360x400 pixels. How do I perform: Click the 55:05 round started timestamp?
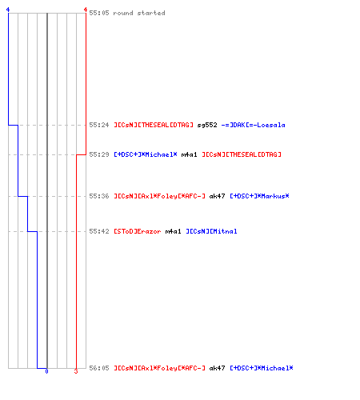pos(99,13)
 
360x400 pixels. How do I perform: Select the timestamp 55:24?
pos(99,125)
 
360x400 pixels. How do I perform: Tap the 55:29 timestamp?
pos(99,154)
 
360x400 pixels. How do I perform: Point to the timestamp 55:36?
pos(99,196)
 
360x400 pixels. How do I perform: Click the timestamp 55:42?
pos(99,231)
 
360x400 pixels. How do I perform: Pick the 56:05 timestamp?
pos(99,368)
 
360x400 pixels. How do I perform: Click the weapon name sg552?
pos(207,125)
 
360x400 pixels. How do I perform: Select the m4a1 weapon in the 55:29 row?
pos(189,154)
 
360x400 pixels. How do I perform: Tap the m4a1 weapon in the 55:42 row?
pos(173,231)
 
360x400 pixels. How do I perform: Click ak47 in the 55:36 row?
pos(217,196)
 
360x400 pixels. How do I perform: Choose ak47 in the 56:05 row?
pos(217,368)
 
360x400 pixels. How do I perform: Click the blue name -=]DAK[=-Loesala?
pos(253,125)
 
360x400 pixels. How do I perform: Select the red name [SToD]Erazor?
pos(138,231)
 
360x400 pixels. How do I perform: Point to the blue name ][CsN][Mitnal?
pos(211,231)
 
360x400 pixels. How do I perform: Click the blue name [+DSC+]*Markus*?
pos(259,196)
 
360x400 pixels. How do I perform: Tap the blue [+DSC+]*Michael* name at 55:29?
pos(146,154)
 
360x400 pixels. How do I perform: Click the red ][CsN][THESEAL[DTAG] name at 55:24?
pos(154,125)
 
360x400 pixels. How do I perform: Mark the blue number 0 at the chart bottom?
pos(46,371)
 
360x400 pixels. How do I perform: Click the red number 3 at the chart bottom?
pos(76,371)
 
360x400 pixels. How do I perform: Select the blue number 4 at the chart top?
pos(8,10)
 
